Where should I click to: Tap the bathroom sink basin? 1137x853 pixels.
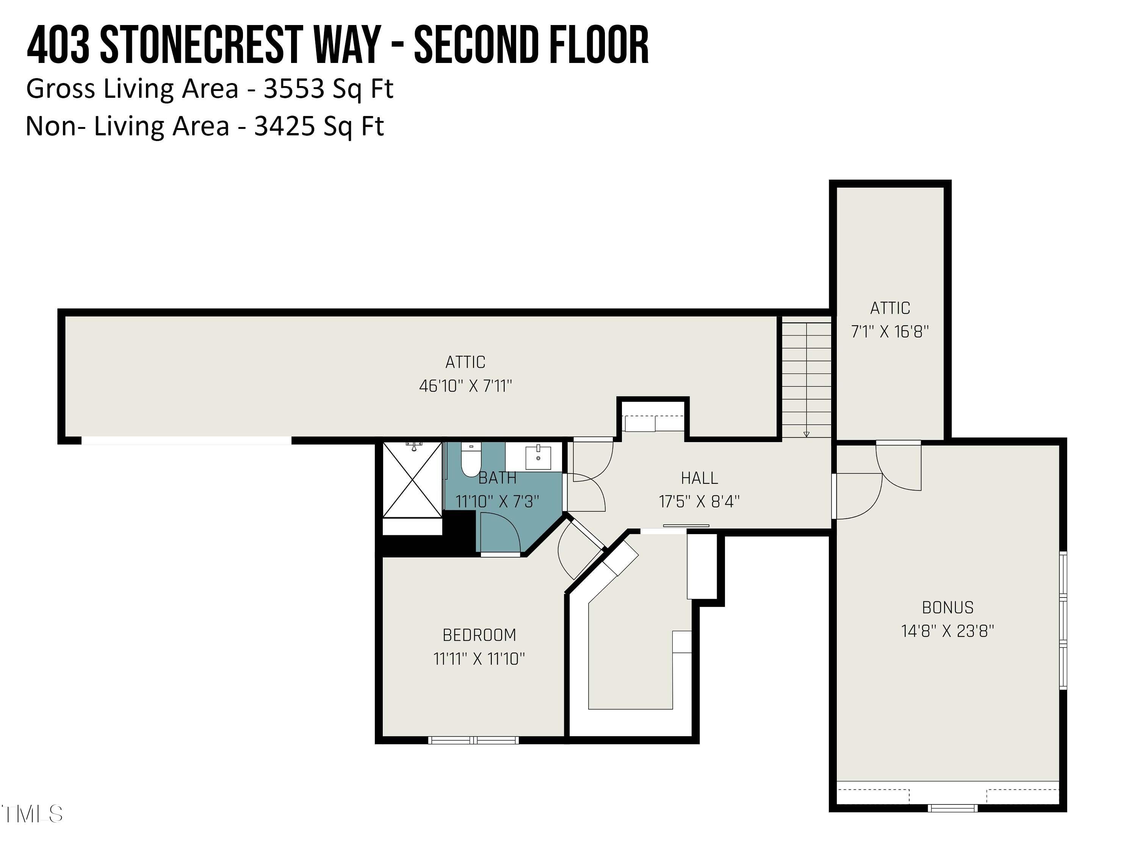(538, 458)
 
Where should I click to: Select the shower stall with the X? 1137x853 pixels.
(412, 479)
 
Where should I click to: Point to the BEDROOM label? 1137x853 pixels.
(479, 635)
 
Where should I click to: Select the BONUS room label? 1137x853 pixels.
(948, 608)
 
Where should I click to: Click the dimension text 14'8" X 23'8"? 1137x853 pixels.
(948, 631)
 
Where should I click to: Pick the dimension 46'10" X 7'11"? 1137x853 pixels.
(466, 386)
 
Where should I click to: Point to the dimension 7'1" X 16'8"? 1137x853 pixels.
(890, 332)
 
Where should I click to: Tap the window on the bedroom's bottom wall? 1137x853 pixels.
(473, 740)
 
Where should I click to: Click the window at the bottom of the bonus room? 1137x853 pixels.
(952, 808)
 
